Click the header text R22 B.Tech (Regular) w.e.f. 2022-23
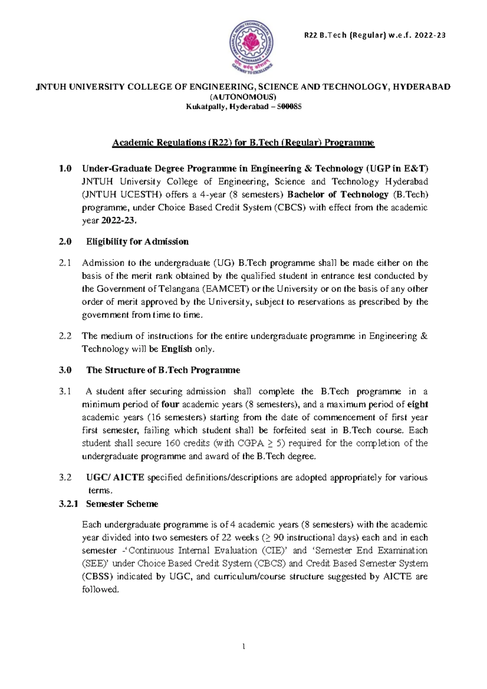coord(375,35)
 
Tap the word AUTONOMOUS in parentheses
coord(243,97)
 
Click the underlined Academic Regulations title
coord(243,143)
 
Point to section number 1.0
coord(65,168)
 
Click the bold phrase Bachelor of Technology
coord(338,194)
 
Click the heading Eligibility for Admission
coord(137,242)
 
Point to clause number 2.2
coord(65,336)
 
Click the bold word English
coord(177,349)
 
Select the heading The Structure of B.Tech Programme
coord(163,370)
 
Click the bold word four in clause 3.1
coord(170,405)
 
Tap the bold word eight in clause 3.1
coord(418,405)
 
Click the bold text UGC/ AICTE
coord(115,478)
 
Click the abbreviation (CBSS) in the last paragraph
coord(97,577)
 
